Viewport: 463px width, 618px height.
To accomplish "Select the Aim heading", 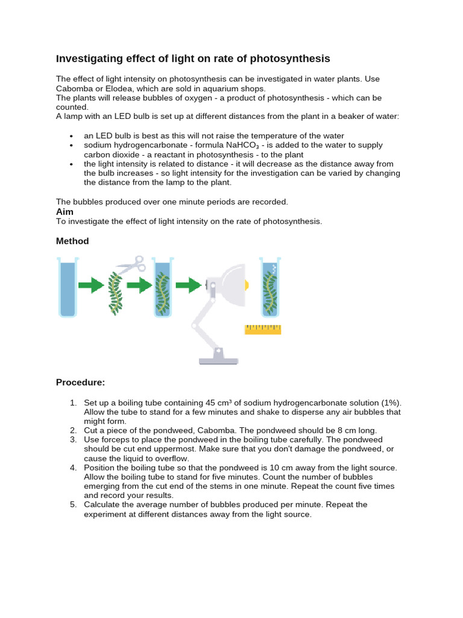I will pos(65,212).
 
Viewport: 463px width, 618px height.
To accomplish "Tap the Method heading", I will pos(72,241).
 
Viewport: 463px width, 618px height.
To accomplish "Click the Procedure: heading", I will pos(80,382).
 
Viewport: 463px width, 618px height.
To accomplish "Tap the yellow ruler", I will pos(263,329).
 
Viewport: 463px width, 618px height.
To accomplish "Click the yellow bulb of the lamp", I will pos(245,283).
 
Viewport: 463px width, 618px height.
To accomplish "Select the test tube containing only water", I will pos(68,287).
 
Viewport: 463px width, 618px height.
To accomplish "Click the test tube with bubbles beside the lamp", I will pos(270,287).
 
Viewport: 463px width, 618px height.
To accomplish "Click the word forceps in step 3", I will pos(110,440).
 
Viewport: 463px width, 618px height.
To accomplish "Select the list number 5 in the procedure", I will pos(72,505).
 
